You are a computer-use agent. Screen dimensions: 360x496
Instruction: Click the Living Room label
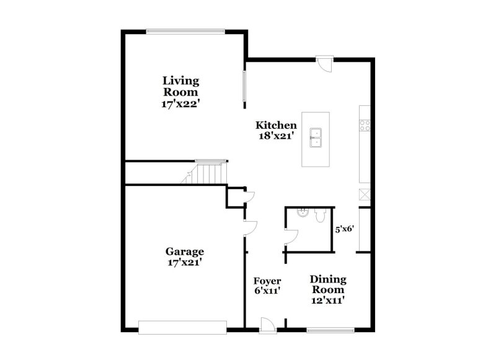tap(181, 86)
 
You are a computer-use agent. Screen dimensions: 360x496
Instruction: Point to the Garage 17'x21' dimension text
tap(184, 262)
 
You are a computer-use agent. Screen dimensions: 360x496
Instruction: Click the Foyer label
tap(267, 281)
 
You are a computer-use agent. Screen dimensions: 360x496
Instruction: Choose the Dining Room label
tap(328, 284)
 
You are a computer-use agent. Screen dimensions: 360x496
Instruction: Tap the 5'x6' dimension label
tap(344, 228)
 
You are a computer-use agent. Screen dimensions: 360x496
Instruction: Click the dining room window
tap(330, 329)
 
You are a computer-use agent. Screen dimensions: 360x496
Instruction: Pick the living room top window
tap(184, 31)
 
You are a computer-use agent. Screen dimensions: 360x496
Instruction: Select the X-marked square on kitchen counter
tap(365, 195)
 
